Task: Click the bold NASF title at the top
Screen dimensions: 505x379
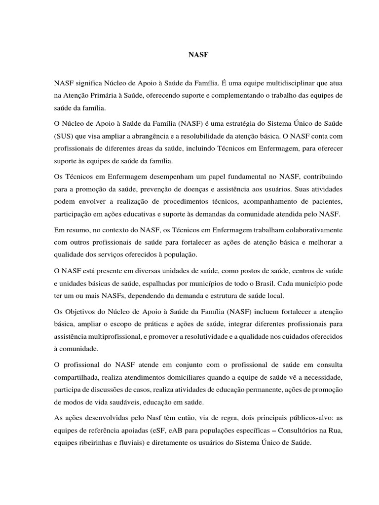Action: coord(199,56)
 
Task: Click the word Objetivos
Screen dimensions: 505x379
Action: coord(85,313)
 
